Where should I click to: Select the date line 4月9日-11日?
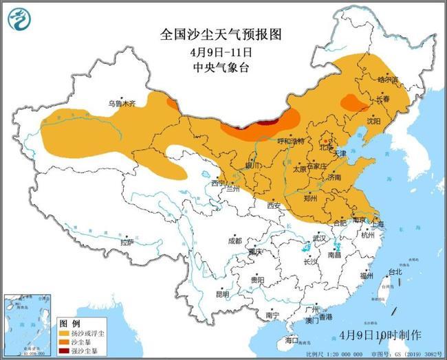[221, 52]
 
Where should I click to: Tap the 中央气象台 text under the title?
[221, 67]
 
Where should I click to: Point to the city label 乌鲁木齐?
[122, 103]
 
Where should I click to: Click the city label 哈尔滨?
[388, 80]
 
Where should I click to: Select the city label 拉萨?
[127, 242]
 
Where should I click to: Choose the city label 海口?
[292, 339]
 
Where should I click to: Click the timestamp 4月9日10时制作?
[380, 335]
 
